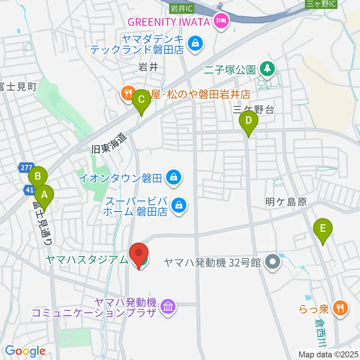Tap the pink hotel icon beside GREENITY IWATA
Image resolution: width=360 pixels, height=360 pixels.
click(221, 21)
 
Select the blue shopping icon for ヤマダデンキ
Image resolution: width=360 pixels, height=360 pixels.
click(196, 43)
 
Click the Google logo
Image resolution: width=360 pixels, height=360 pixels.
click(25, 351)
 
